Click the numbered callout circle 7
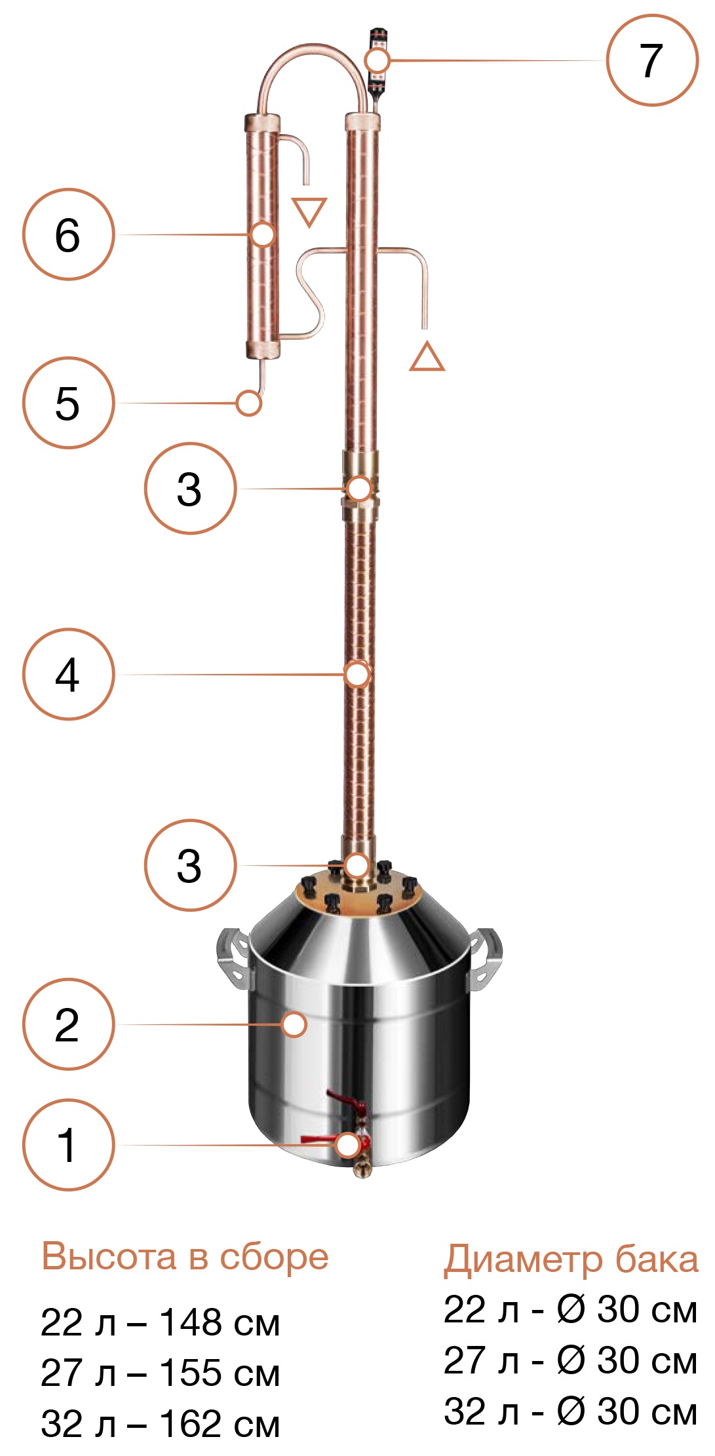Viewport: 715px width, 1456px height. pos(652,60)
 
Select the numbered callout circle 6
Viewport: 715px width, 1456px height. pos(69,234)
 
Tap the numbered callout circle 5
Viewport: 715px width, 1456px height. pos(69,403)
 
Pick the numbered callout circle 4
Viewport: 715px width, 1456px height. pos(69,675)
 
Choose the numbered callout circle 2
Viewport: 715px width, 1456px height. pos(69,1024)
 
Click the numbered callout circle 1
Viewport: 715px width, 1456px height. pos(69,1145)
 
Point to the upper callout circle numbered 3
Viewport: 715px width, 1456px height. pos(190,489)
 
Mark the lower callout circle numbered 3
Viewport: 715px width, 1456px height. pos(190,865)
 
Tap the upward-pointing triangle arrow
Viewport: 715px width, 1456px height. pos(427,357)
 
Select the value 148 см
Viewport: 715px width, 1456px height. pos(220,1322)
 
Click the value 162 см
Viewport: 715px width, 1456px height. pos(220,1424)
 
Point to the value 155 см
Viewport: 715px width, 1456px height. pos(220,1373)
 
